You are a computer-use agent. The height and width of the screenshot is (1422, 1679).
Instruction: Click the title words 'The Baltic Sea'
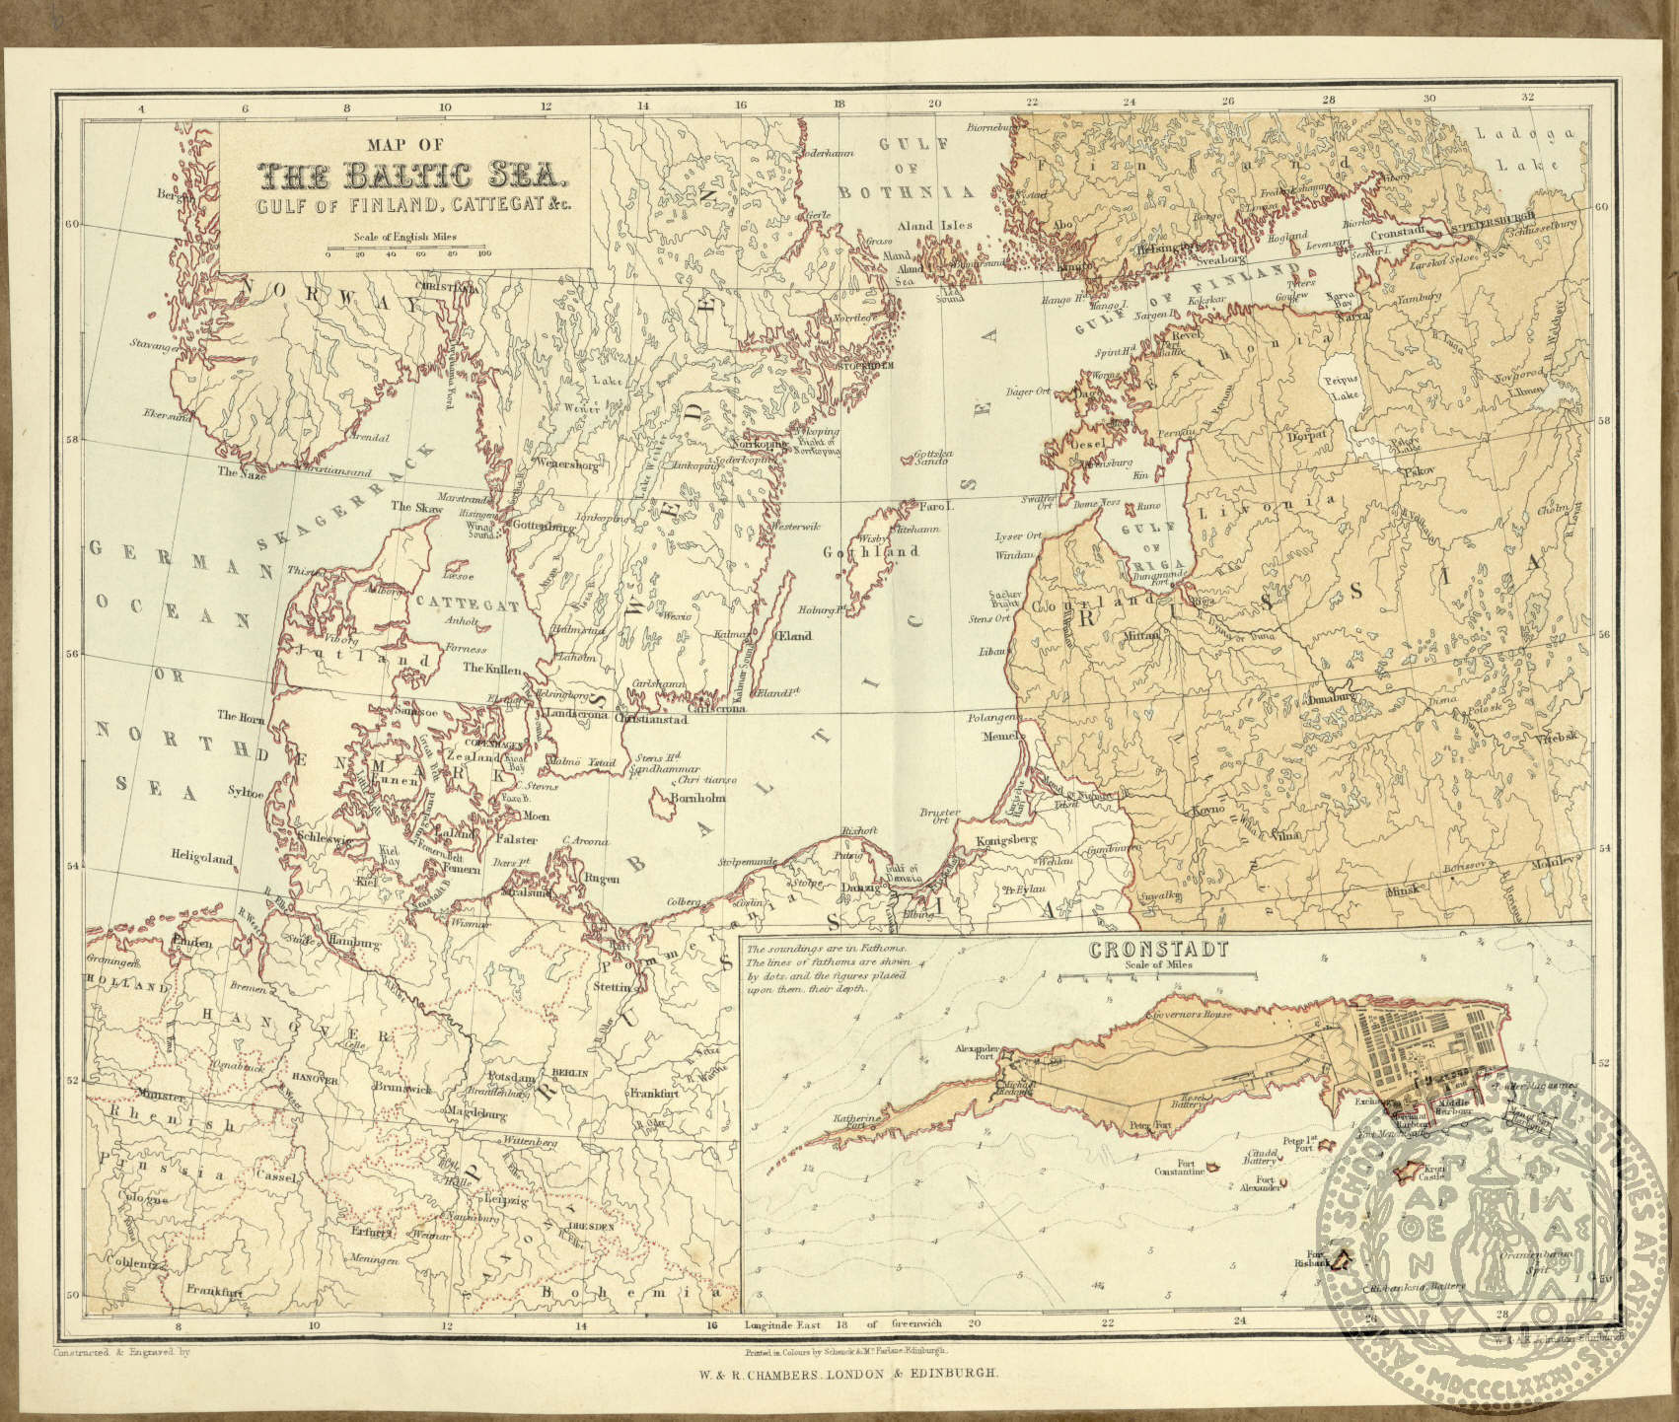pos(406,177)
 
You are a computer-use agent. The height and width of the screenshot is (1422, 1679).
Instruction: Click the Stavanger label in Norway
pos(152,345)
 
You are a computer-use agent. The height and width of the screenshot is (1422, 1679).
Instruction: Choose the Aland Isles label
pos(935,226)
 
